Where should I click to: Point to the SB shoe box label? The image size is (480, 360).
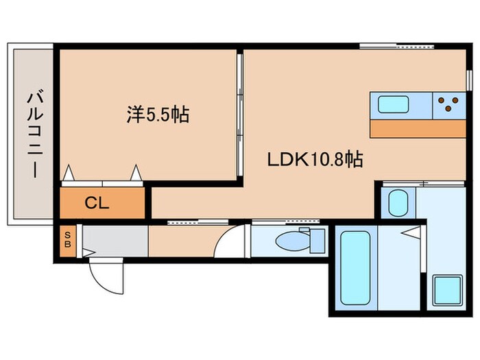click(68, 241)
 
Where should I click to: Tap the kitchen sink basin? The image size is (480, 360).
click(394, 105)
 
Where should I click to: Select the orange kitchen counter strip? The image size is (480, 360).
click(417, 129)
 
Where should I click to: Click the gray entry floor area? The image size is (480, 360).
click(115, 241)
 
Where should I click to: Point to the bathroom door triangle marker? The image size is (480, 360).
click(409, 234)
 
